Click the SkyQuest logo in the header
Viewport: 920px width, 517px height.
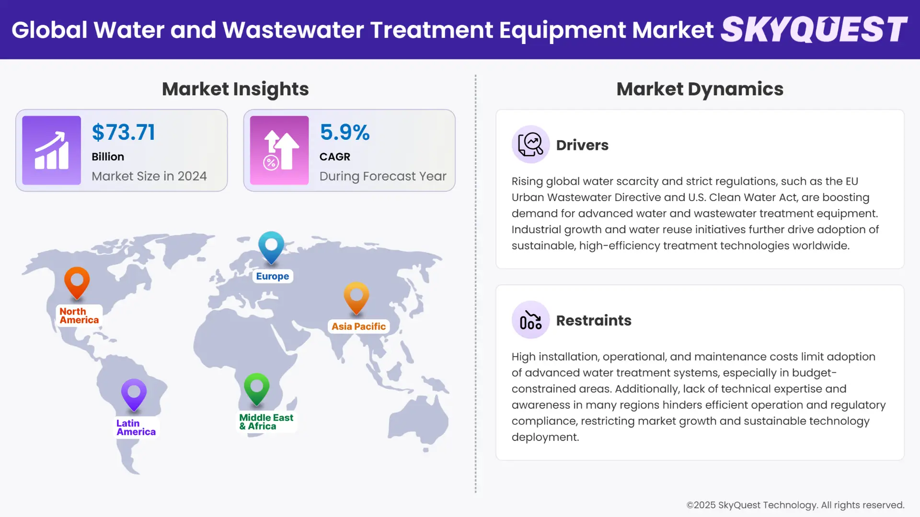(x=814, y=30)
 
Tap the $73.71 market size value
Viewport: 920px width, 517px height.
(x=124, y=133)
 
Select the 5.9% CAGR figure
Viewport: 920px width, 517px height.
(x=345, y=133)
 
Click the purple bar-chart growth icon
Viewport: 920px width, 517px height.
(x=51, y=150)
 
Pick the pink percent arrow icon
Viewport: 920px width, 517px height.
(x=279, y=150)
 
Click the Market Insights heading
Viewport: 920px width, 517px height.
(x=235, y=89)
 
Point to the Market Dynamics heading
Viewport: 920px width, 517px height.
(x=700, y=89)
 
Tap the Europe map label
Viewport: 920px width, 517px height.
(x=272, y=276)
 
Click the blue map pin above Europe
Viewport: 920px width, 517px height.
(x=271, y=246)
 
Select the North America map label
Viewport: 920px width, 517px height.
(x=79, y=316)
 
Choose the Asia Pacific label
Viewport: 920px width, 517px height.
(x=358, y=326)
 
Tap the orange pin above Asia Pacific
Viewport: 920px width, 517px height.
(x=356, y=296)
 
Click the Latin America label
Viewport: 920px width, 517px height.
(x=136, y=427)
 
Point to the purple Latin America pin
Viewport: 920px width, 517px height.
(x=134, y=393)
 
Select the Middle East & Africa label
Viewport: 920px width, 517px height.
(x=266, y=422)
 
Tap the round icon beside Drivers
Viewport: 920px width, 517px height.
(x=530, y=145)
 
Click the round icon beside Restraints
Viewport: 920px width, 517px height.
(x=530, y=320)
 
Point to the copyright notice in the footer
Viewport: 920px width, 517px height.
(x=795, y=505)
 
